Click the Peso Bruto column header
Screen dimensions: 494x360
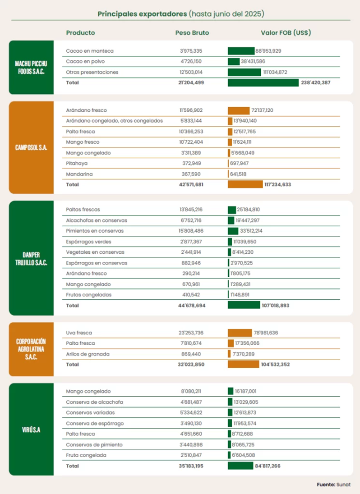(x=192, y=33)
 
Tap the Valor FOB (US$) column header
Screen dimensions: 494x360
(x=286, y=33)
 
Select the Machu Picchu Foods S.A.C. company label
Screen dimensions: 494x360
(x=31, y=68)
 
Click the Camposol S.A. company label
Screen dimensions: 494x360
(x=31, y=148)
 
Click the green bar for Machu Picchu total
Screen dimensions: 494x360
(x=263, y=83)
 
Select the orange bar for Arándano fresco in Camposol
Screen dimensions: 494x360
(x=238, y=110)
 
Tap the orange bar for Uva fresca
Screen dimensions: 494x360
(x=240, y=333)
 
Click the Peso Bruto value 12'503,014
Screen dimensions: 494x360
(x=192, y=72)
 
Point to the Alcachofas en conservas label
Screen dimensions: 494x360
(x=97, y=220)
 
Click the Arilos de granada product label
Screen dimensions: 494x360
(x=88, y=354)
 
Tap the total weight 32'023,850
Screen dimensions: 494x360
(x=191, y=365)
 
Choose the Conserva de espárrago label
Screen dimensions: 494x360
(x=95, y=423)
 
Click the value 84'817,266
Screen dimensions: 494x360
(x=268, y=466)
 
